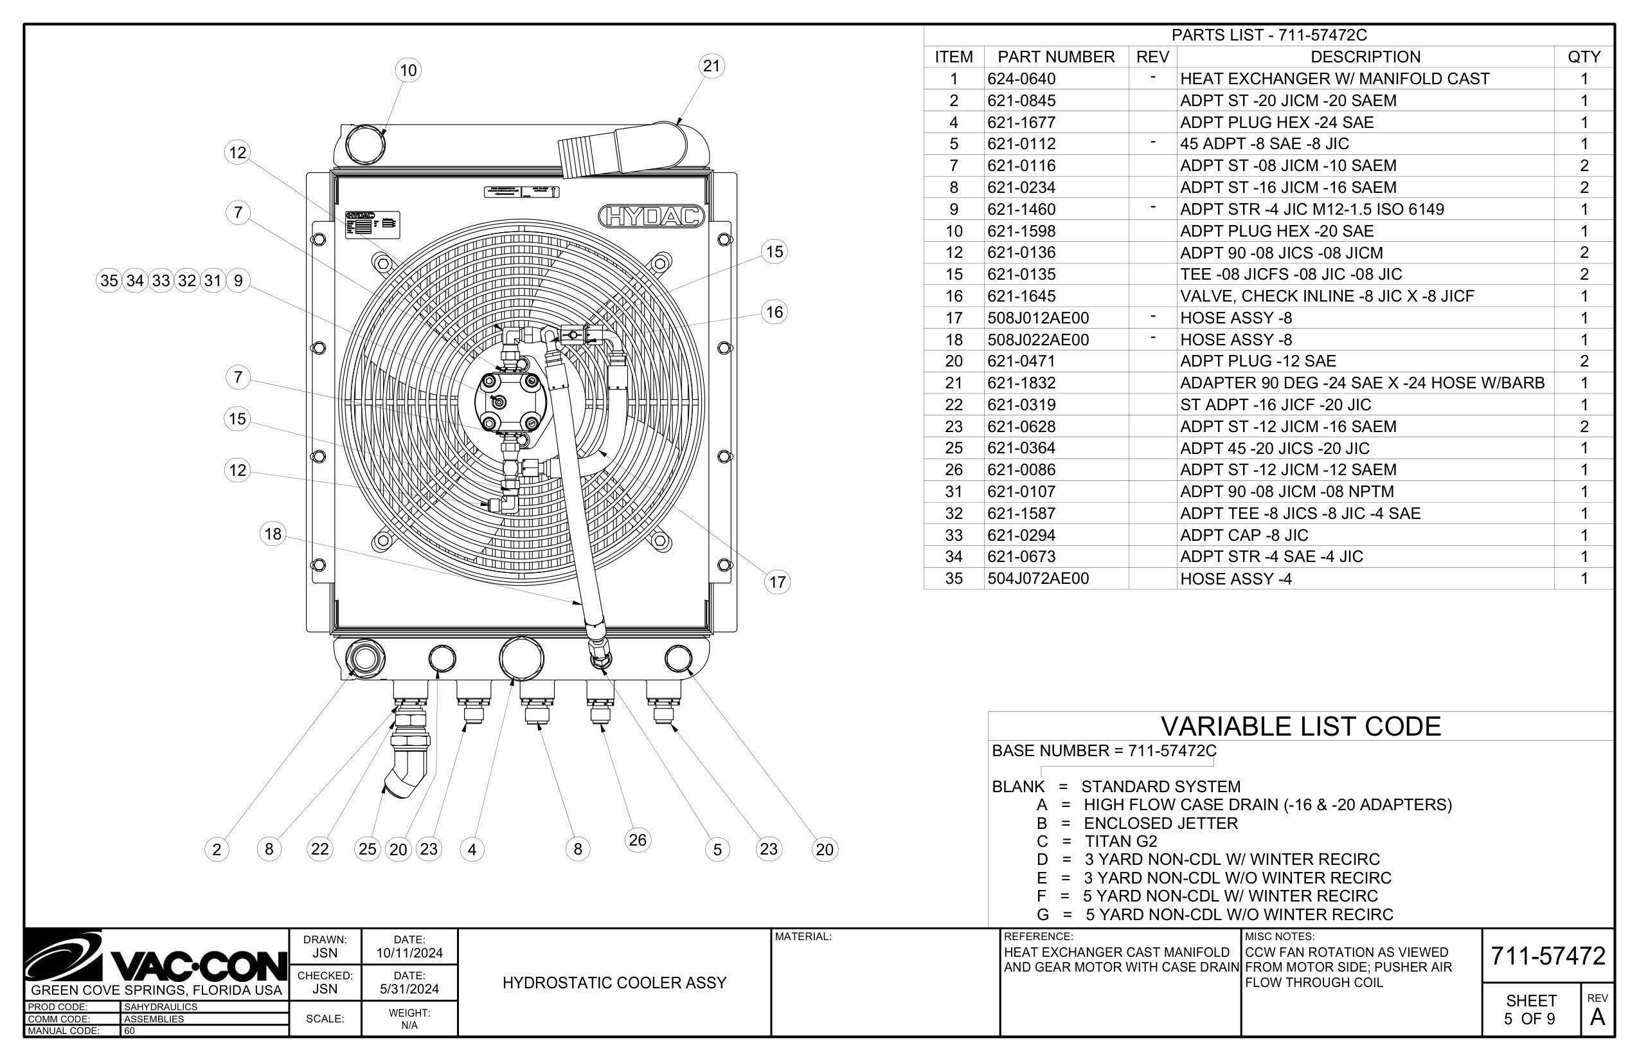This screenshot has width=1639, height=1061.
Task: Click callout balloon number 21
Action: [x=712, y=66]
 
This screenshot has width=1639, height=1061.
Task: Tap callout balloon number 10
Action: [x=408, y=70]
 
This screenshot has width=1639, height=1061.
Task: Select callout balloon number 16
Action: [x=775, y=312]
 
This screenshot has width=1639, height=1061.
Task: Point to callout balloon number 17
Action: [x=778, y=582]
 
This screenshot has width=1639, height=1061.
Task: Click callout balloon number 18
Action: [x=273, y=534]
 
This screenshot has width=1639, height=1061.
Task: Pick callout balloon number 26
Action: [x=638, y=840]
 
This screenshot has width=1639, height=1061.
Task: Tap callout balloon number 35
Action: [x=109, y=280]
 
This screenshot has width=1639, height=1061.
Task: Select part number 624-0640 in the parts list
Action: [x=1021, y=79]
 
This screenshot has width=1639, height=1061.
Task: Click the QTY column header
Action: [x=1584, y=57]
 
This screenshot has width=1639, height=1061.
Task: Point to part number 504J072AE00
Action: [x=1038, y=579]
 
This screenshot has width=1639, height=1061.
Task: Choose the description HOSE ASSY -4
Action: [x=1235, y=579]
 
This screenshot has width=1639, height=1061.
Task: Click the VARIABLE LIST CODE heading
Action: [x=1300, y=727]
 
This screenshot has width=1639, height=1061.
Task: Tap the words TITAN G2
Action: [x=1120, y=841]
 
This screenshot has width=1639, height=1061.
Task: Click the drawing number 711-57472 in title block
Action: [x=1548, y=956]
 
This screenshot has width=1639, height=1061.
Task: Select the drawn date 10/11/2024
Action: [x=409, y=954]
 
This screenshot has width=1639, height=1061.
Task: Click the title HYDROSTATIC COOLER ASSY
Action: [x=614, y=983]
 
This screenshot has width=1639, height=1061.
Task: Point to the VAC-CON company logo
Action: [x=156, y=957]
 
